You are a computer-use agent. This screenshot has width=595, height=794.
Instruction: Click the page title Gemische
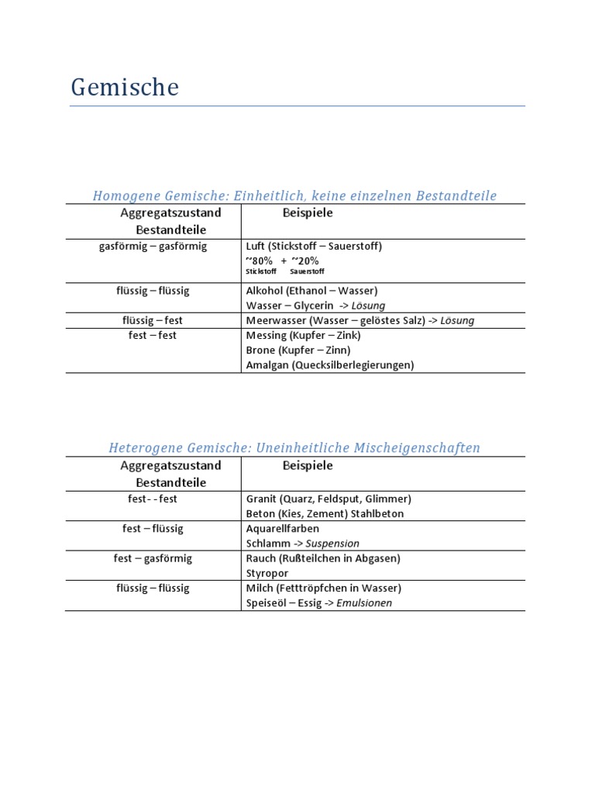(x=125, y=88)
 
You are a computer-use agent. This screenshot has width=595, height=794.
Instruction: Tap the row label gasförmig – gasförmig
(x=153, y=246)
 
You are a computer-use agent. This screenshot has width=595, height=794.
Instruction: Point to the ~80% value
(x=259, y=261)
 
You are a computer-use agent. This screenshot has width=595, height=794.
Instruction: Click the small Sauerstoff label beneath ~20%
(x=308, y=272)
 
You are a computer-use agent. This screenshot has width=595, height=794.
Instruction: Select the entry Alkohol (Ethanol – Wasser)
(x=311, y=291)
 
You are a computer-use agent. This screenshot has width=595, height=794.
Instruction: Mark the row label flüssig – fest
(x=153, y=320)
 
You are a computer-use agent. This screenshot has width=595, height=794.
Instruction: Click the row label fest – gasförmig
(x=153, y=558)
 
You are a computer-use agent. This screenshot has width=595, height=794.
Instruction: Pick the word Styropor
(x=267, y=573)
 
